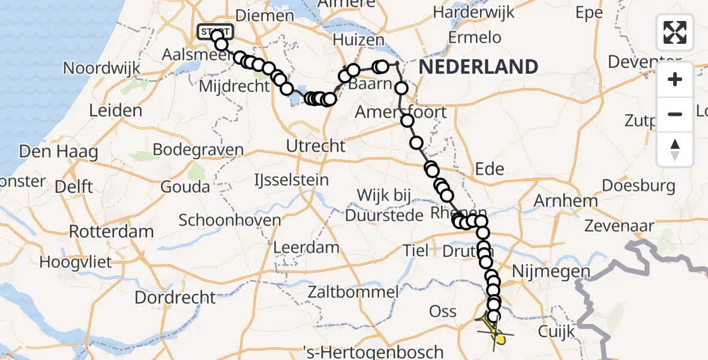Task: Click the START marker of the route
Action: click(x=215, y=31)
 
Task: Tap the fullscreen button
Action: click(x=675, y=32)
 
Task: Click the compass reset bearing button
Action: click(x=675, y=149)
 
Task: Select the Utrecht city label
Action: click(x=316, y=146)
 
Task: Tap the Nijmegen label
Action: click(x=551, y=272)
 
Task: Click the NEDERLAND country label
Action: click(x=478, y=67)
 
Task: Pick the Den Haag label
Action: click(x=58, y=151)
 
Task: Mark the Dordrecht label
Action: click(x=175, y=297)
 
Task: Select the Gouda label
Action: click(x=185, y=187)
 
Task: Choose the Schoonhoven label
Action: click(x=230, y=220)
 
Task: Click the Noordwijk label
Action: click(x=101, y=68)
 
